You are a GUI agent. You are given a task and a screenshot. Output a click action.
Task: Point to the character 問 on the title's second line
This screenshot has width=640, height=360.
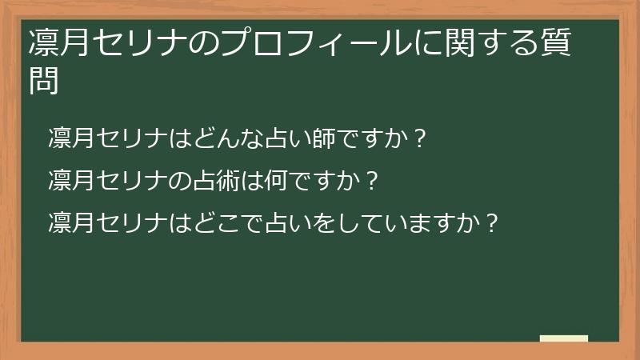44,81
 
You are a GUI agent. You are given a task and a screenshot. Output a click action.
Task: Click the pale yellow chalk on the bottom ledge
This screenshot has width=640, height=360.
564,338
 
